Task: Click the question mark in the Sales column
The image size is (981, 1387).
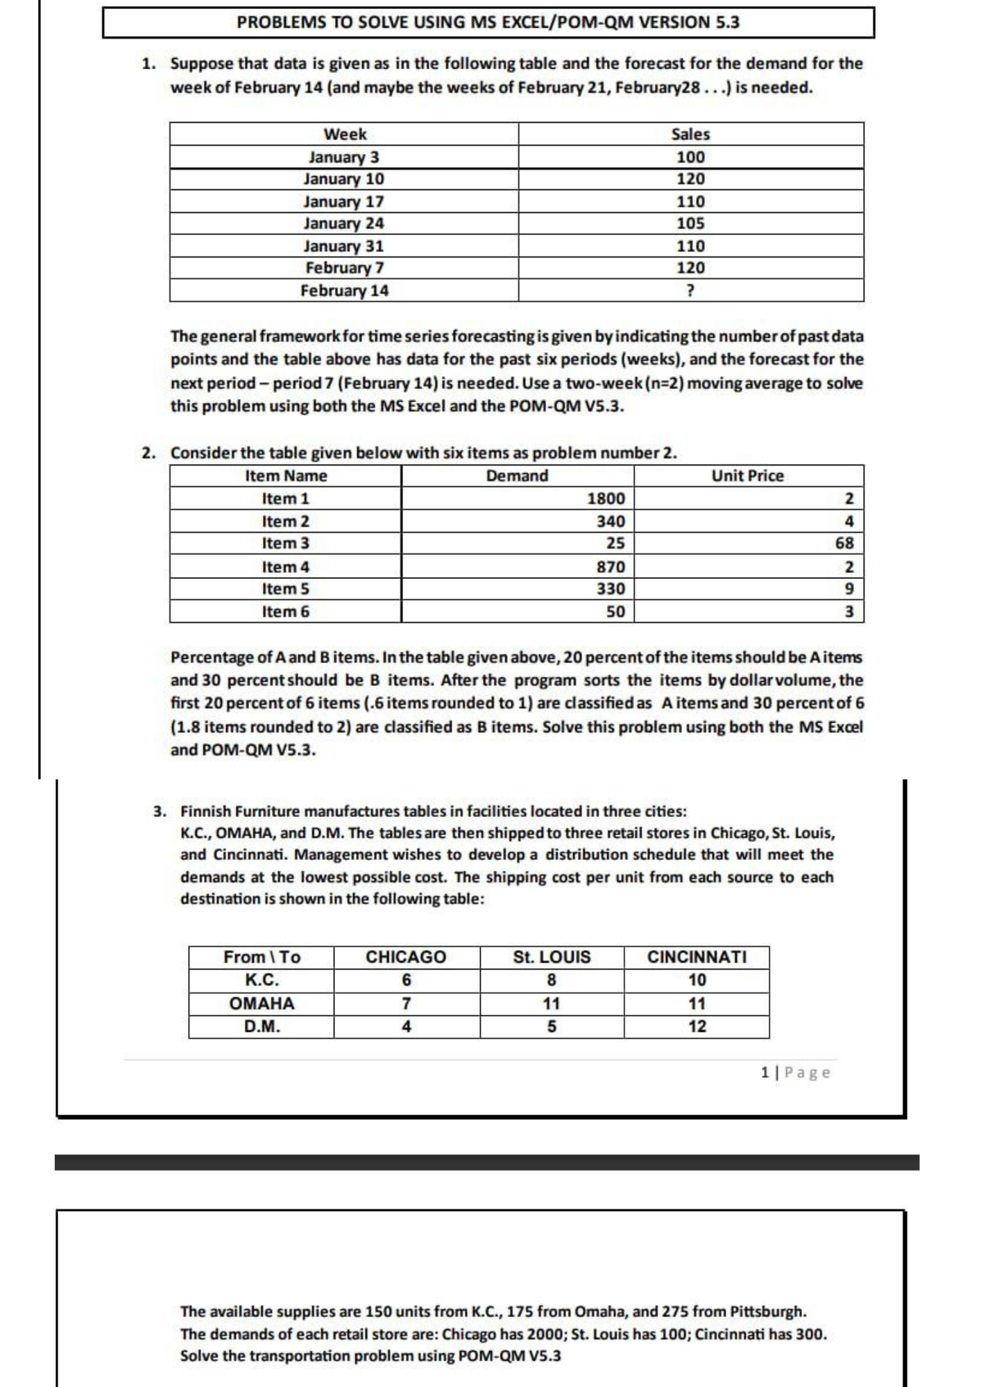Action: point(690,291)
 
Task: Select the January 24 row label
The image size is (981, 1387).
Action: point(344,223)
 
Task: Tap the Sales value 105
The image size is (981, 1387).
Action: point(690,223)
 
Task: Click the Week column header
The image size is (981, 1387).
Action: point(345,134)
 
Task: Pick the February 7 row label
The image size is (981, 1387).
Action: point(345,268)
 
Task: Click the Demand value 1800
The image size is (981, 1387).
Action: point(606,499)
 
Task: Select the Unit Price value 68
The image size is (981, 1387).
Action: point(844,543)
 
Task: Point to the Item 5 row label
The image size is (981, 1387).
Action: point(285,589)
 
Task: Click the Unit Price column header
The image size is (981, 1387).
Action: point(747,476)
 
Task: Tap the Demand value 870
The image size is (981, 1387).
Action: point(611,567)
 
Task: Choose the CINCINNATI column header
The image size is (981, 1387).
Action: point(697,957)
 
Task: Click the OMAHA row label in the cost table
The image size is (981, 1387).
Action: point(262,1003)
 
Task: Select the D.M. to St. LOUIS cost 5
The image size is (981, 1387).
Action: point(552,1026)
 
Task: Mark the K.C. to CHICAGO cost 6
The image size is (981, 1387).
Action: point(407,980)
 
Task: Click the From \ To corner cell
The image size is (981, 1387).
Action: point(262,957)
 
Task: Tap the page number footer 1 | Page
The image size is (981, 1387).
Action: point(795,1073)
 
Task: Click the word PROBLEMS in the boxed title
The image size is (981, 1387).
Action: point(280,22)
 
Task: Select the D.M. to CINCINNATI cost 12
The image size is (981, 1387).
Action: point(697,1026)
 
